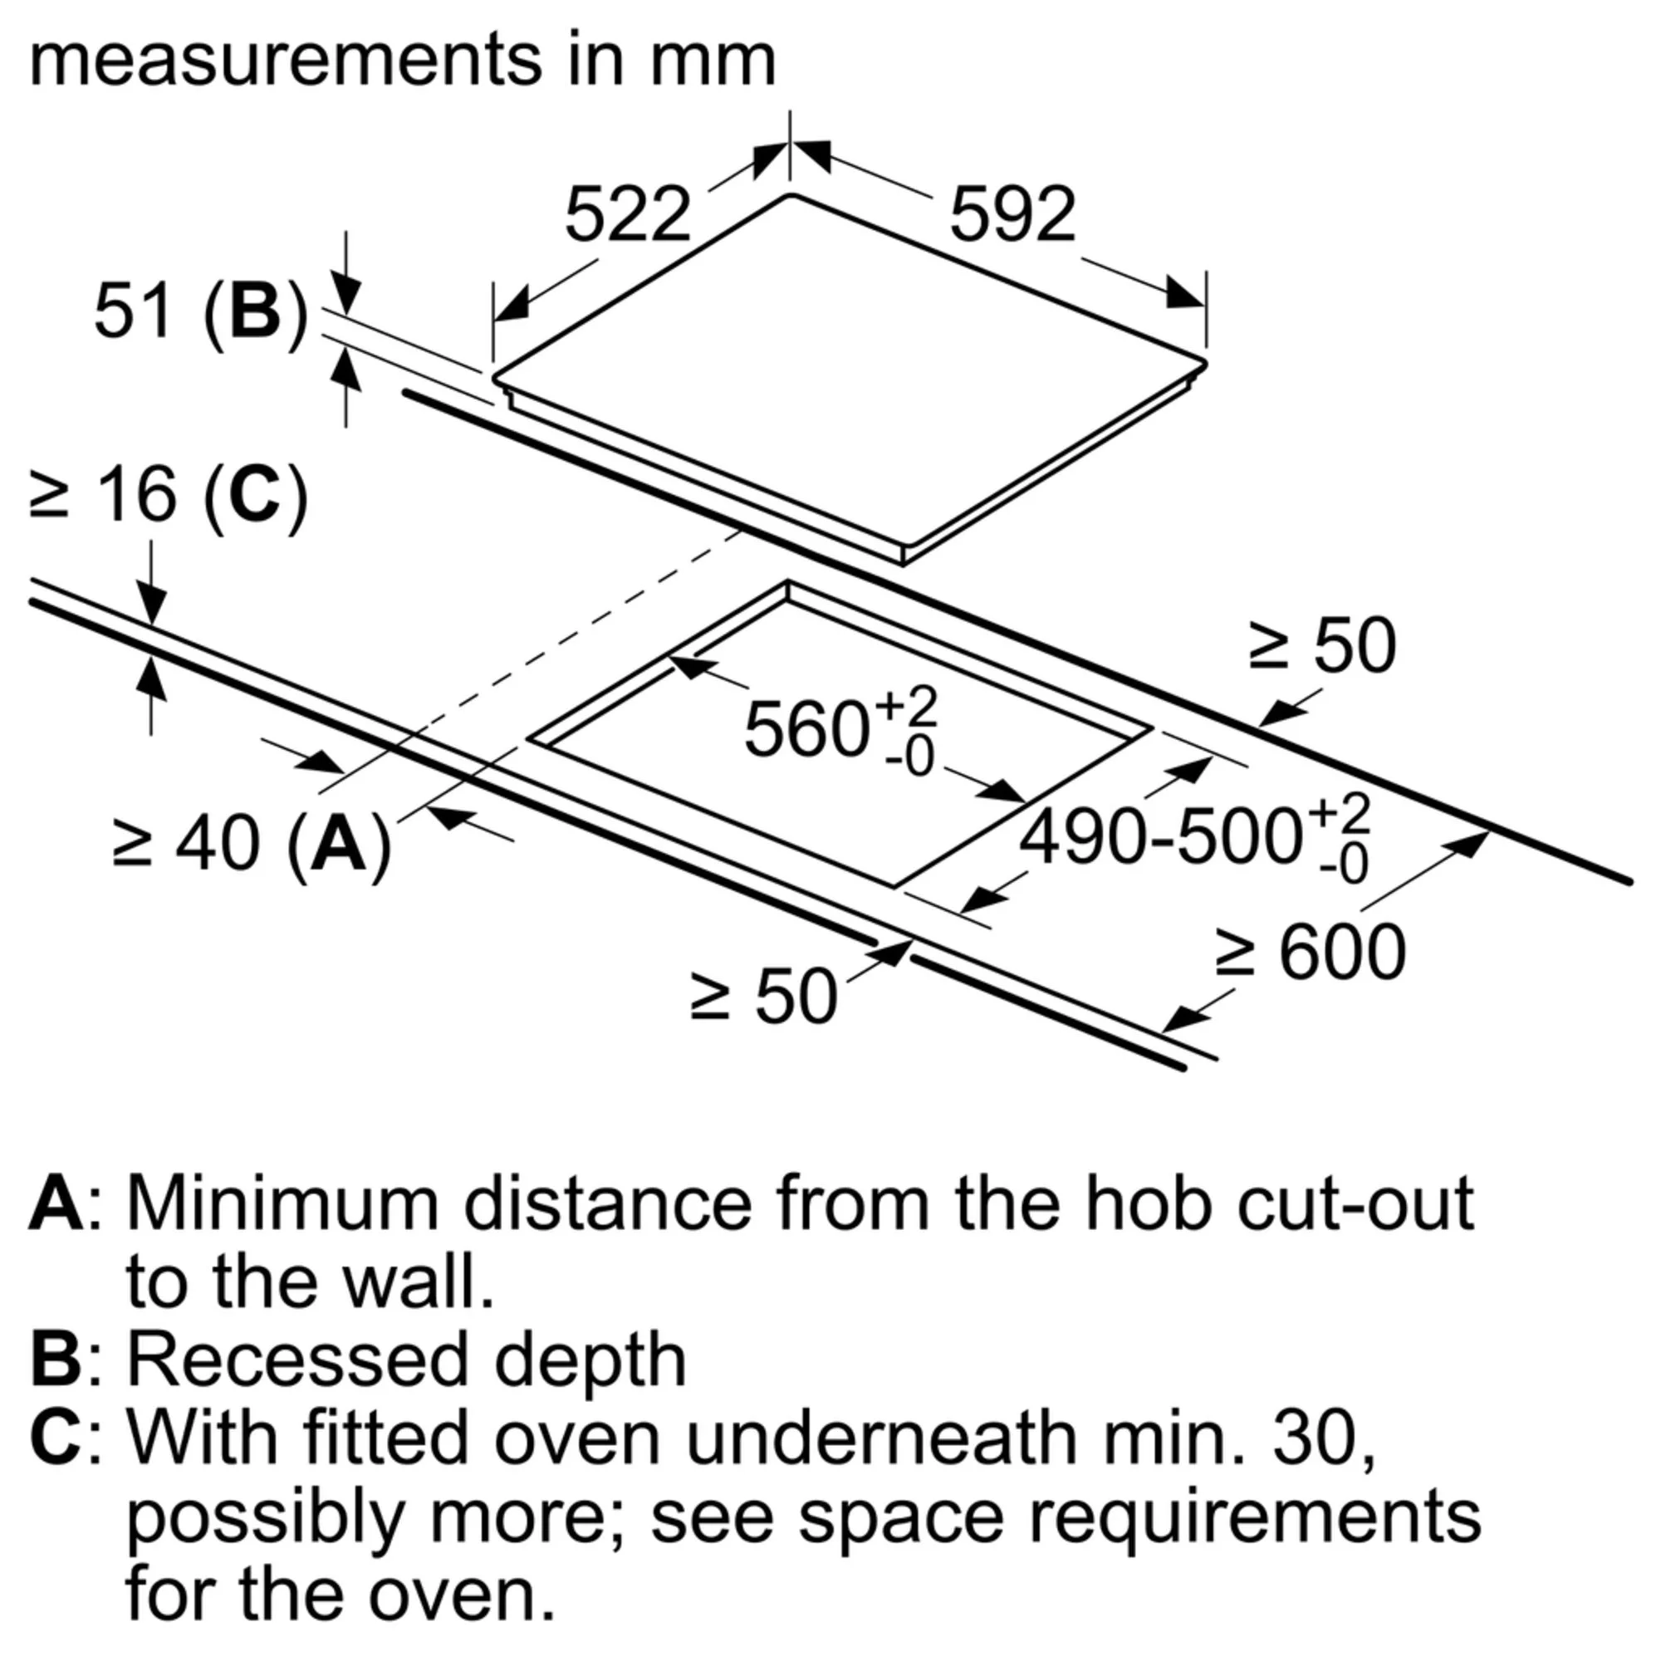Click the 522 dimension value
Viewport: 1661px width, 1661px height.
[628, 214]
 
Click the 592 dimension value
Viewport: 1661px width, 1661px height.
[1012, 214]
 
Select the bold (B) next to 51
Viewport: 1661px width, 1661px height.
[255, 312]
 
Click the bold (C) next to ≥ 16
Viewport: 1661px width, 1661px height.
[255, 495]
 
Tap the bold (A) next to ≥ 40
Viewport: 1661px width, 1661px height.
[339, 845]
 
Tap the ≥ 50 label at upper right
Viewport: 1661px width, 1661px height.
[1322, 644]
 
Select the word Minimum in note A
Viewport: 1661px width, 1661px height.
[284, 1205]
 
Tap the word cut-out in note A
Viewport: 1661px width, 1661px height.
[1356, 1205]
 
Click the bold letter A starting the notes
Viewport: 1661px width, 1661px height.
[56, 1205]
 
